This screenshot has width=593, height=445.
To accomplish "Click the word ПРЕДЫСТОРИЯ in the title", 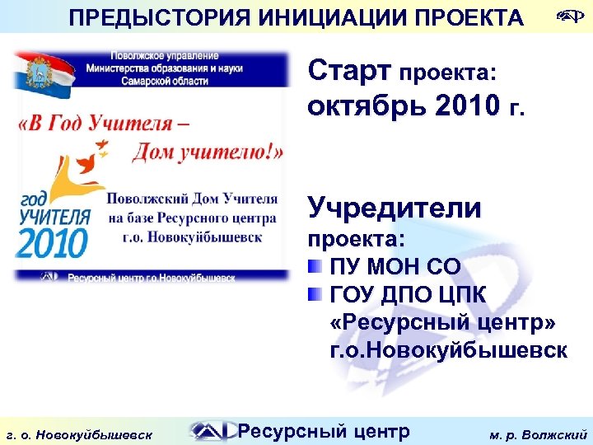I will coord(146,17).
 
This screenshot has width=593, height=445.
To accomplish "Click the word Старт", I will coord(350,72).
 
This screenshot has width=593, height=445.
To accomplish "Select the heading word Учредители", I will coord(395,208).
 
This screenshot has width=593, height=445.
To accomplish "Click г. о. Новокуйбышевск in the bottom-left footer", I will coord(78,432).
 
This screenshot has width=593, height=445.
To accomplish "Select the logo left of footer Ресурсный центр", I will coord(210,430).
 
